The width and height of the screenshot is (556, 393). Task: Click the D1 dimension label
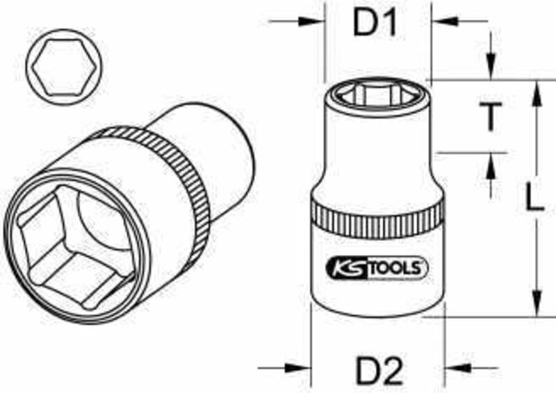[x=376, y=25]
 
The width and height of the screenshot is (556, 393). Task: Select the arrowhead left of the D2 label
[x=300, y=367]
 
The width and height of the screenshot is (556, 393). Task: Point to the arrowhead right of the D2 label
[x=454, y=367]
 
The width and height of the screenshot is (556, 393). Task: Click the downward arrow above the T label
[x=491, y=69]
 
